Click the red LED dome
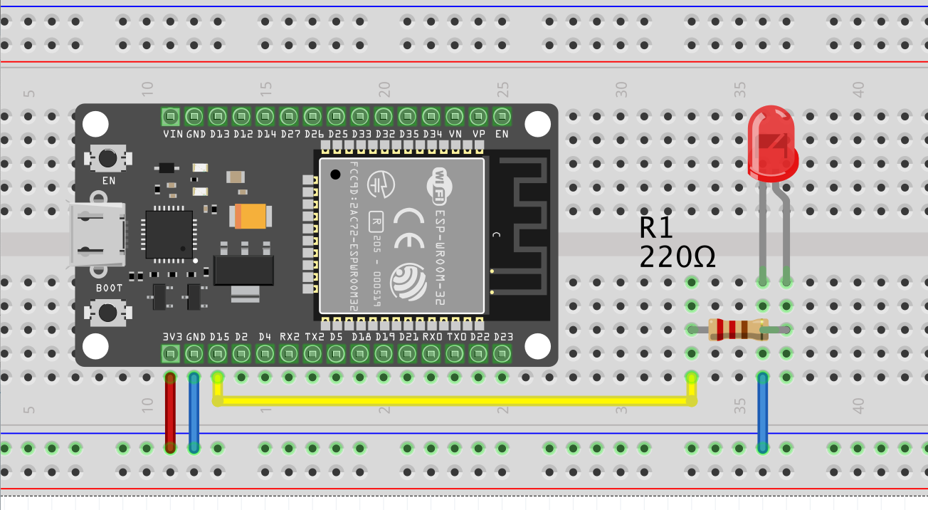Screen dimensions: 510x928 tap(772, 142)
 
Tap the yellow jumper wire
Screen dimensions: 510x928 tap(455, 401)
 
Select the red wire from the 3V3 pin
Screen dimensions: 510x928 tap(170, 413)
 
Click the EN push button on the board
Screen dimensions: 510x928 tap(108, 157)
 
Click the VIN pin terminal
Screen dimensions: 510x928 tap(170, 116)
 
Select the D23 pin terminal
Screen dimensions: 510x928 tap(502, 353)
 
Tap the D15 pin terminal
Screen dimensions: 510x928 tap(218, 353)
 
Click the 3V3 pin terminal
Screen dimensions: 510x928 tap(170, 353)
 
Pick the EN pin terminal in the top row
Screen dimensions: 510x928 tap(502, 116)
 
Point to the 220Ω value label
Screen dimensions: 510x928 tap(677, 257)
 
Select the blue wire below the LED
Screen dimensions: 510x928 tap(763, 413)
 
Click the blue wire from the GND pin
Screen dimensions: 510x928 tap(194, 413)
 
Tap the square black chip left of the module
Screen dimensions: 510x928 tap(169, 234)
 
